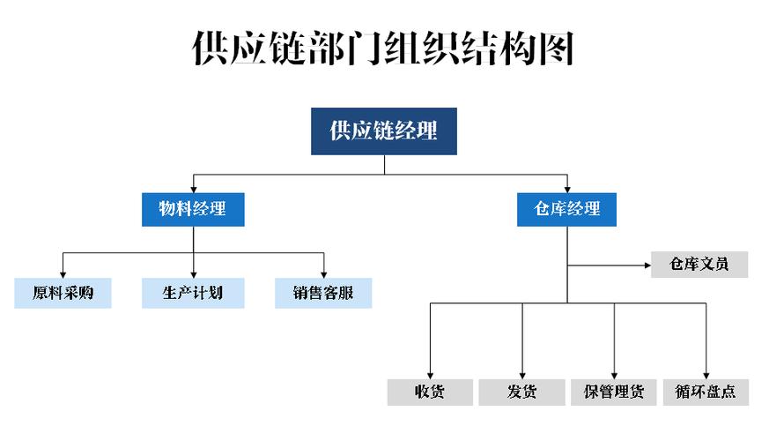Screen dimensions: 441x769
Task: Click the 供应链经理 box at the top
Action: (x=383, y=131)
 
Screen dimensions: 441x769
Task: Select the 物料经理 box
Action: (x=192, y=209)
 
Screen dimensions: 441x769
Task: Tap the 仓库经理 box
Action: (x=566, y=209)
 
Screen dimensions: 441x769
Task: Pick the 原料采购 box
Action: (x=63, y=293)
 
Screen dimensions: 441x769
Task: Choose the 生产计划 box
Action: (x=193, y=293)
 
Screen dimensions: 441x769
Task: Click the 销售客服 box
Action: (x=323, y=293)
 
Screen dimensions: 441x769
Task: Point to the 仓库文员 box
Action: (x=699, y=264)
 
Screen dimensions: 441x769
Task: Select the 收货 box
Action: (x=429, y=392)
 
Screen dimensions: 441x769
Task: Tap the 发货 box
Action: (x=521, y=392)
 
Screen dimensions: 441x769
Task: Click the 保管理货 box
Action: (x=614, y=392)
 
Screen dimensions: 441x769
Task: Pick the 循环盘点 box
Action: (x=706, y=392)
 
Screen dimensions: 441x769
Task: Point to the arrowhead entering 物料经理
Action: (x=193, y=189)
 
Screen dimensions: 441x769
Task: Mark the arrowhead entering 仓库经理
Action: (x=566, y=189)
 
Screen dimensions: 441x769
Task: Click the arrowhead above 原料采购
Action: (x=63, y=273)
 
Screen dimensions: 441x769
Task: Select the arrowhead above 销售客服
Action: (x=323, y=273)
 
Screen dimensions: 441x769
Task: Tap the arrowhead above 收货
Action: (x=429, y=372)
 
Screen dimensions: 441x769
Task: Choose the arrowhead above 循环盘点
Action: (x=706, y=372)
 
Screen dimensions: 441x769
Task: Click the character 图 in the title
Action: (x=557, y=49)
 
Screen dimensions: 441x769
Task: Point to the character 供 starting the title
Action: (x=212, y=49)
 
